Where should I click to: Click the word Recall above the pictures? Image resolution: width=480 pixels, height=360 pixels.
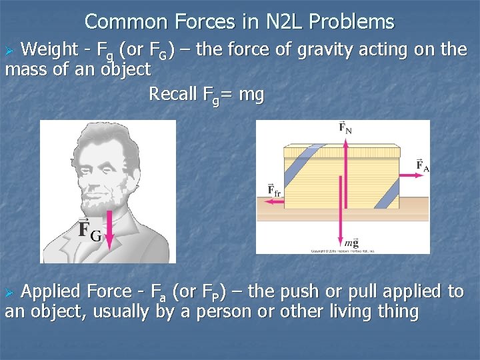[x=173, y=95]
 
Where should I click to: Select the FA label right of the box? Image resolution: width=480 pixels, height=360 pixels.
[x=422, y=165]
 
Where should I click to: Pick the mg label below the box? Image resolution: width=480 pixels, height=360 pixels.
[x=351, y=242]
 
